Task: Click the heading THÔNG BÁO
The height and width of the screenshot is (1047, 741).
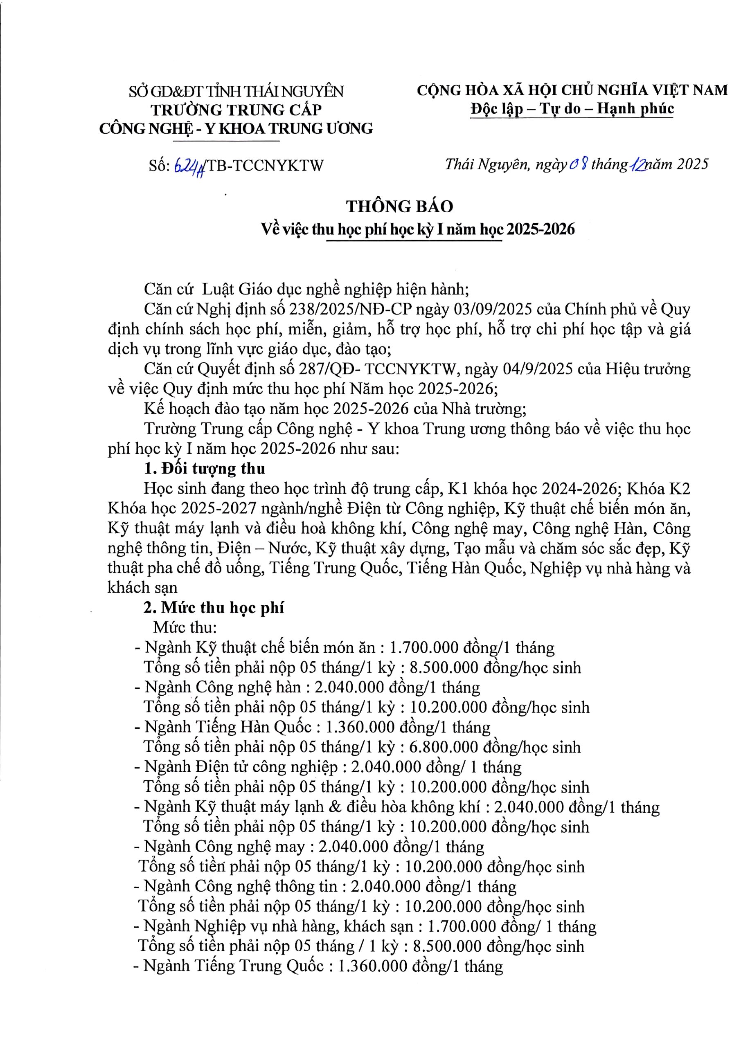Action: pyautogui.click(x=399, y=207)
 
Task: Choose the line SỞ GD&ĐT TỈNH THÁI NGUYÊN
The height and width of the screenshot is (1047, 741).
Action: pyautogui.click(x=236, y=91)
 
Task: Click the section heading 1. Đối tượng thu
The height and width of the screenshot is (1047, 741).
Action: pyautogui.click(x=205, y=468)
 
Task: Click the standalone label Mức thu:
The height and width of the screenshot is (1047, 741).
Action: pyautogui.click(x=185, y=627)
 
